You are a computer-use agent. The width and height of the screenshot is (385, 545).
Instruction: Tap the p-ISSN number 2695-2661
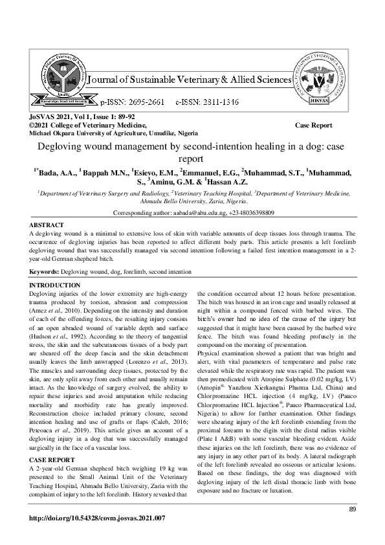137,102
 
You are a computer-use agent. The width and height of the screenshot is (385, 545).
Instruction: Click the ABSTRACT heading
47,225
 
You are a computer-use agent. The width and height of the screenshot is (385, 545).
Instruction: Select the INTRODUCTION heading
55,285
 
